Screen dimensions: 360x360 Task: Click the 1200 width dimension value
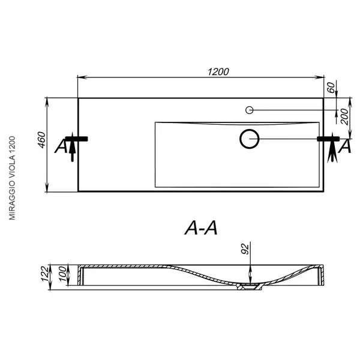coord(218,72)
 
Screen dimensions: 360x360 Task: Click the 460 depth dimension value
coord(42,140)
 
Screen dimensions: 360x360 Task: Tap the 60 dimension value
coord(331,88)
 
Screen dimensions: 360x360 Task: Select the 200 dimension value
coord(344,116)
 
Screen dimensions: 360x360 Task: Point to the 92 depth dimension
coord(245,249)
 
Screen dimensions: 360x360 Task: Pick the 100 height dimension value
coord(62,274)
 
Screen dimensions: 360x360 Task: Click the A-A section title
coord(201,228)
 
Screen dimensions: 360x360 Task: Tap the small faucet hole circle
coord(250,110)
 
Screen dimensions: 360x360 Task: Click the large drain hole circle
coord(250,139)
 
